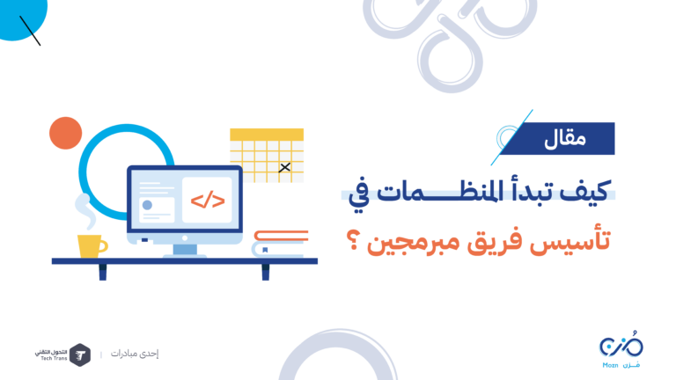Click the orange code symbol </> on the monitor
coord(208,201)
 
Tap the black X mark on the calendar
coord(284,167)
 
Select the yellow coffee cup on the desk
coord(92,246)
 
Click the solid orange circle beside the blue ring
coord(65,133)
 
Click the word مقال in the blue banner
coord(565,139)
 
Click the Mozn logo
coord(621,349)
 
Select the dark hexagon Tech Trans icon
coord(80,355)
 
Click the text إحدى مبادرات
coord(135,354)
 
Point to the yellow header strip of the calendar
coord(267,135)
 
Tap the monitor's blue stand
coord(185,250)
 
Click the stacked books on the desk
coord(280,244)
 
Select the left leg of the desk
coord(103,273)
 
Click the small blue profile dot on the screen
coord(148,205)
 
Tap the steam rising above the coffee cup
coord(85,211)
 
